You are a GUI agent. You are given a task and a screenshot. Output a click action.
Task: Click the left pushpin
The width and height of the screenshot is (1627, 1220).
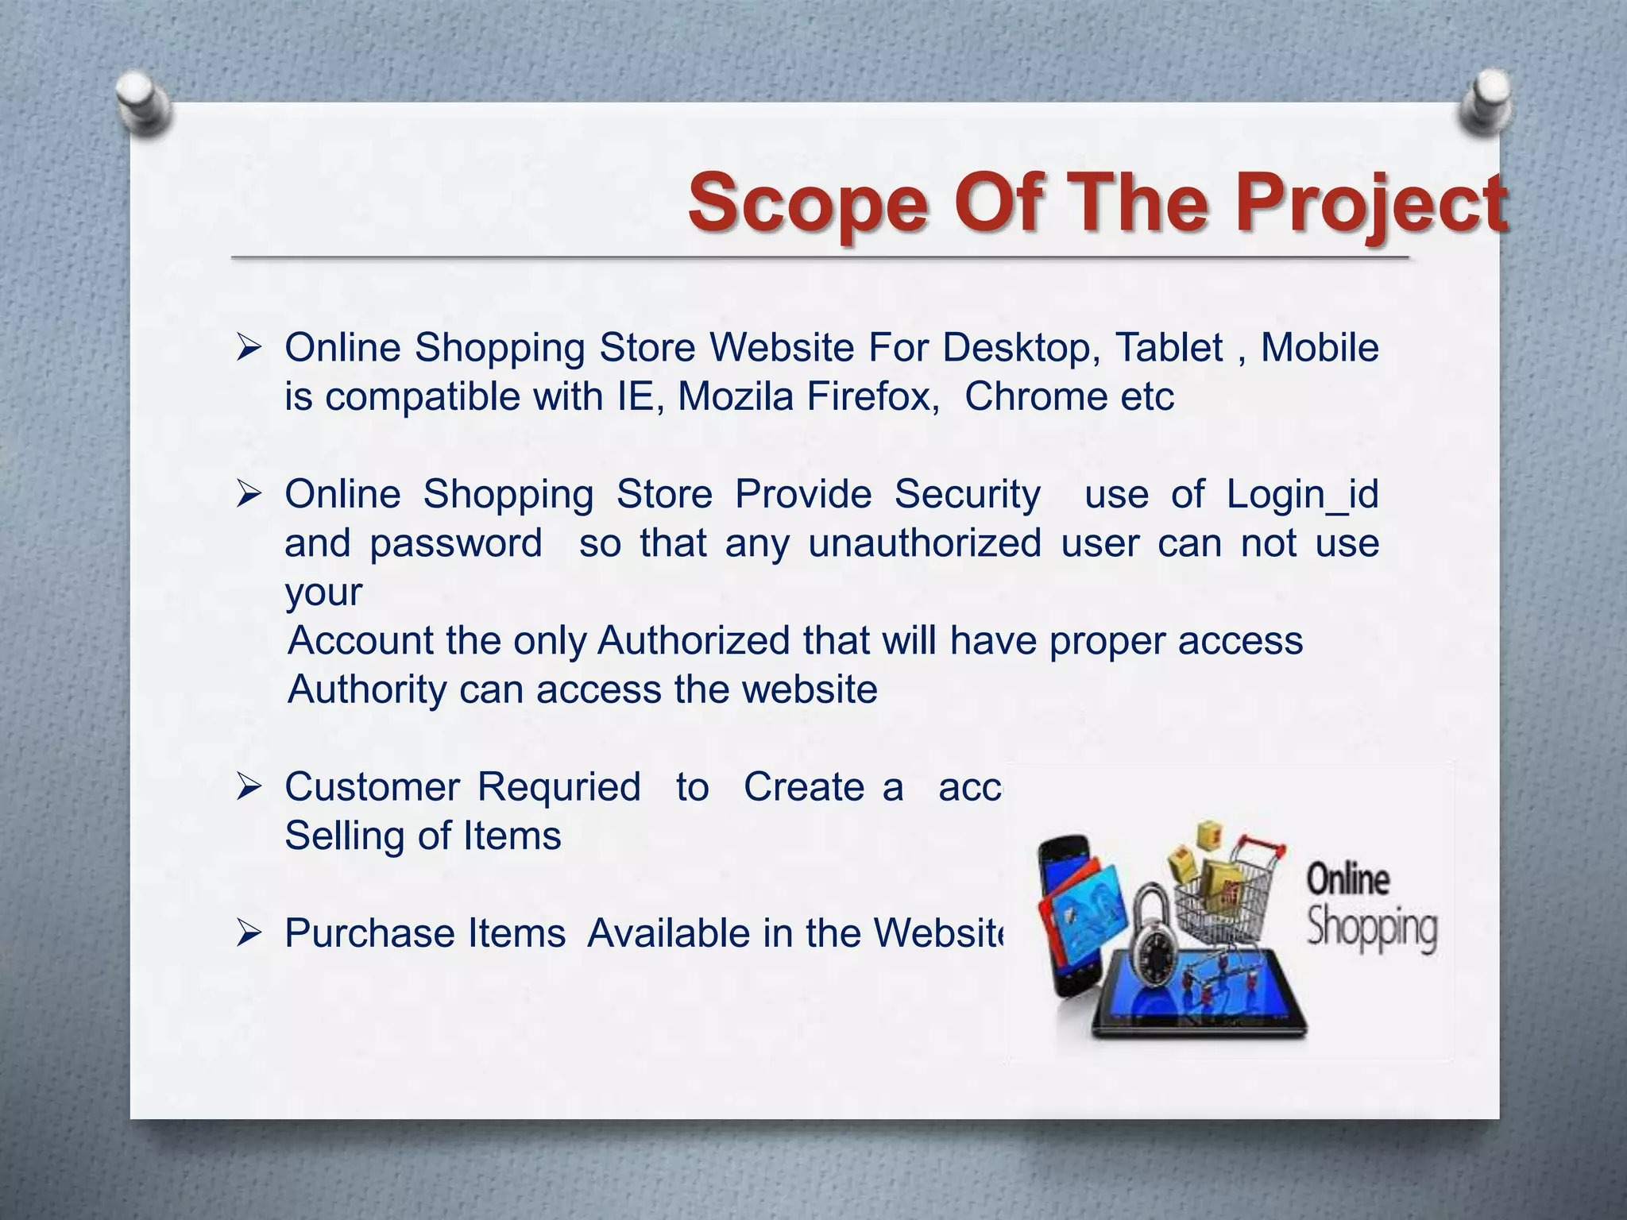(143, 104)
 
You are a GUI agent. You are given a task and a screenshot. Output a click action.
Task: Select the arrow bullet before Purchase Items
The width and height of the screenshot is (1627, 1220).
(249, 933)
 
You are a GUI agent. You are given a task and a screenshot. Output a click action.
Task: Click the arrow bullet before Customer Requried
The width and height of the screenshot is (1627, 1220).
(249, 787)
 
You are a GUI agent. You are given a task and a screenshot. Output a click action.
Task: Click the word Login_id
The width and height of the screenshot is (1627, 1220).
(1302, 494)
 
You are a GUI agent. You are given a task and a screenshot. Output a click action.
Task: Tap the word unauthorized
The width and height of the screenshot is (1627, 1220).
(925, 543)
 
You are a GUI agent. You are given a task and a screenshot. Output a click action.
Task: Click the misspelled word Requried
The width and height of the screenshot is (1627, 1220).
(558, 787)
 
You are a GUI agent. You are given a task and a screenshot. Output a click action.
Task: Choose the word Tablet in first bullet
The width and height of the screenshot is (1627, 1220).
(1169, 348)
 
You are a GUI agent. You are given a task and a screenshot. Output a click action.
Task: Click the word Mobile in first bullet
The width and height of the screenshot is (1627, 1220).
(1320, 348)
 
